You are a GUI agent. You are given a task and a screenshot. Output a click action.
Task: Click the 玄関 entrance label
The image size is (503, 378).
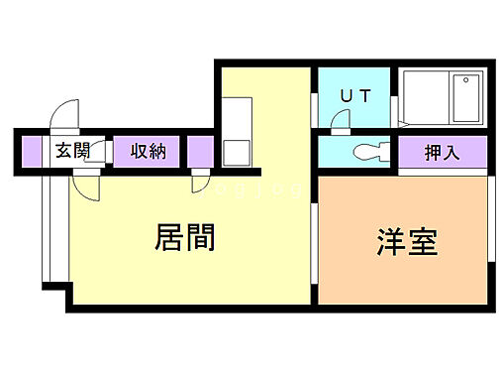pos(72,151)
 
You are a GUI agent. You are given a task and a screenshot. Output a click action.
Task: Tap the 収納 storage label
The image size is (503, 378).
pos(148,151)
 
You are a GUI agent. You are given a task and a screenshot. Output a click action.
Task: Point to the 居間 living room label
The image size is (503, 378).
pos(185,237)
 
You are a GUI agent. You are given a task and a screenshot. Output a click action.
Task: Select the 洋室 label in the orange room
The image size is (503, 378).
pos(407,242)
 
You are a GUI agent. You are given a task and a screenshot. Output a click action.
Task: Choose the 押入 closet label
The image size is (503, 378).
pos(442,153)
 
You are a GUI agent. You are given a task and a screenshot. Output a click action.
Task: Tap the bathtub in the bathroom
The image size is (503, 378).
pos(464,99)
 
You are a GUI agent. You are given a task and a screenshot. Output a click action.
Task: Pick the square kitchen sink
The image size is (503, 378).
pos(237,152)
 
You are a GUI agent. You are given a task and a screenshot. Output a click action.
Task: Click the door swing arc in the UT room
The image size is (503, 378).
pos(341,119)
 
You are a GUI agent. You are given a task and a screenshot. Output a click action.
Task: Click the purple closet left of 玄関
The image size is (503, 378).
pos(32,151)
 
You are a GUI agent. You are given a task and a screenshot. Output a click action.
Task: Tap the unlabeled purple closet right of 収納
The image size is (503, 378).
pos(201,151)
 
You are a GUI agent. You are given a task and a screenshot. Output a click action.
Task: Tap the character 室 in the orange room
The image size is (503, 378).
pos(423,242)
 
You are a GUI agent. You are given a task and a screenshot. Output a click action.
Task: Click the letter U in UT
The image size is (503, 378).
pos(347,96)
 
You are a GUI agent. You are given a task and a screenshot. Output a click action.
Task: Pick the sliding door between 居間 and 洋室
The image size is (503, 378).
pos(315,238)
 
